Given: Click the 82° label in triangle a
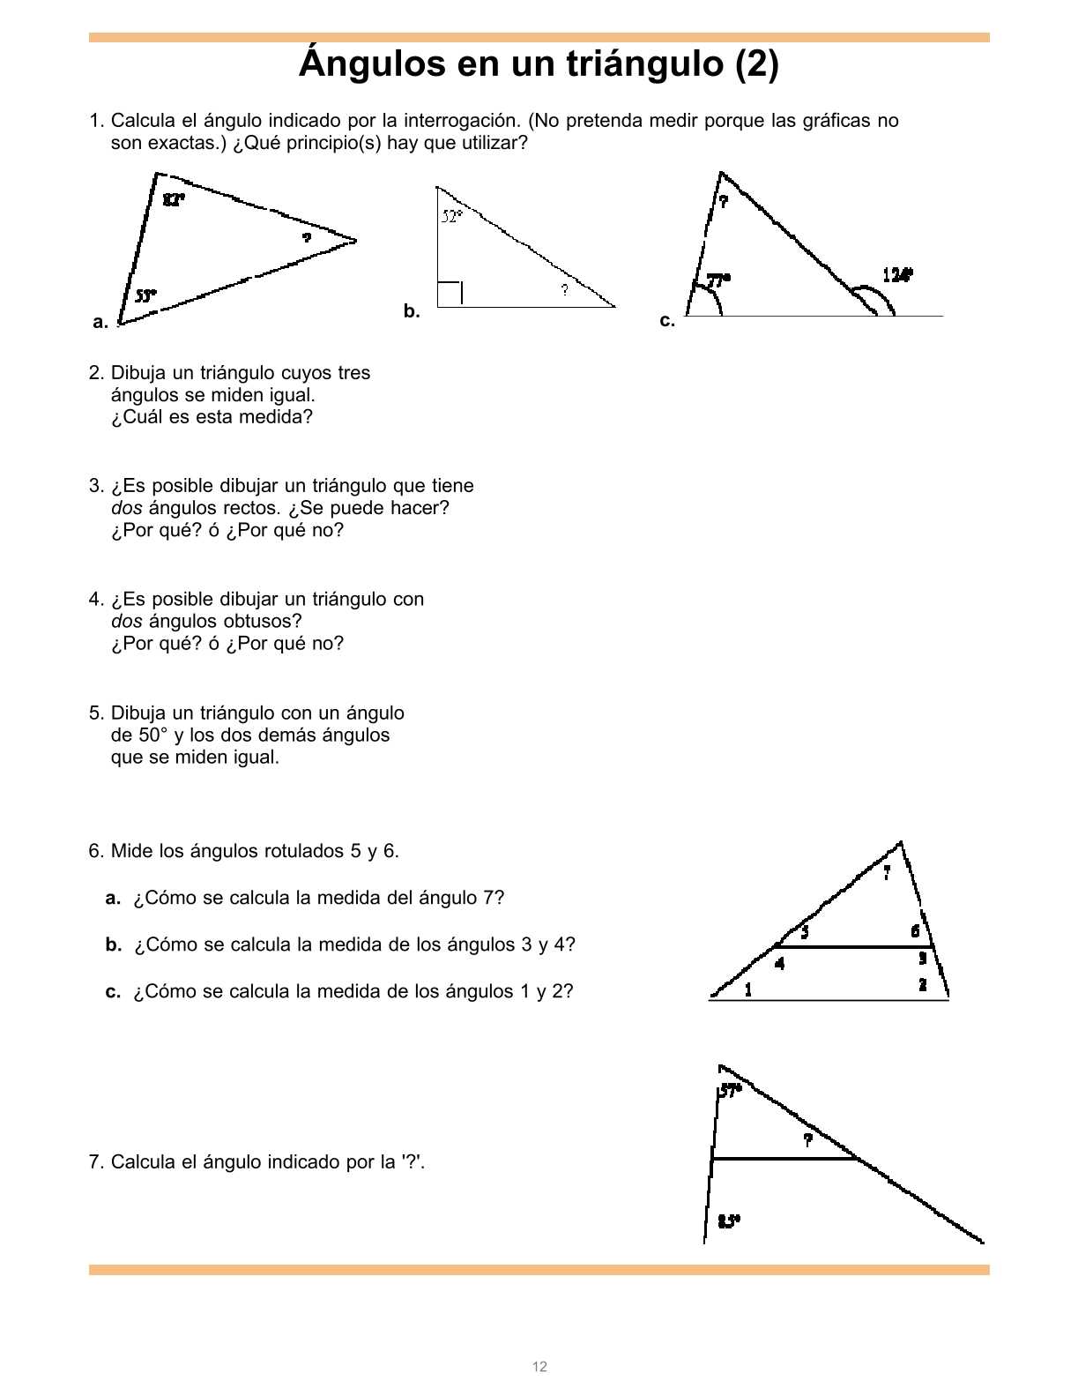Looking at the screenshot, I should tap(174, 199).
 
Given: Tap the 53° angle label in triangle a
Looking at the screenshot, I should tap(145, 296).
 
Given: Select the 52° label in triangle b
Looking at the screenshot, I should tap(451, 216).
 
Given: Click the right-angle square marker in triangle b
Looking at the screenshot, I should tap(450, 294).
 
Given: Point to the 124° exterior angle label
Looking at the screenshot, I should tap(897, 275).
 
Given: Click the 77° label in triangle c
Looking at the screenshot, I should tap(718, 280).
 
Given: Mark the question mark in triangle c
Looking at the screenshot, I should tap(724, 202).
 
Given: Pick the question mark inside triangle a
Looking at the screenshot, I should tap(307, 238).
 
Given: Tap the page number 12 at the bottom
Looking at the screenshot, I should tap(539, 1367).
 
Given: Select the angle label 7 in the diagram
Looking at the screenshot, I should tap(887, 873).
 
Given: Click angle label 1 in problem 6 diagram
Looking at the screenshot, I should tap(748, 989).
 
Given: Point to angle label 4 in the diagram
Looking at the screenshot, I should tap(779, 963).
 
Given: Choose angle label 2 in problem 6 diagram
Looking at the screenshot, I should tap(923, 984).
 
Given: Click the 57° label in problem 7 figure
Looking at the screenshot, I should tap(730, 1091).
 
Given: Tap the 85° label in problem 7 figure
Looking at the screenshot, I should tap(729, 1221).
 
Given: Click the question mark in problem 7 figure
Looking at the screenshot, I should tap(807, 1140).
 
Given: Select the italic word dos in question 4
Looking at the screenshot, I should tap(127, 622).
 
